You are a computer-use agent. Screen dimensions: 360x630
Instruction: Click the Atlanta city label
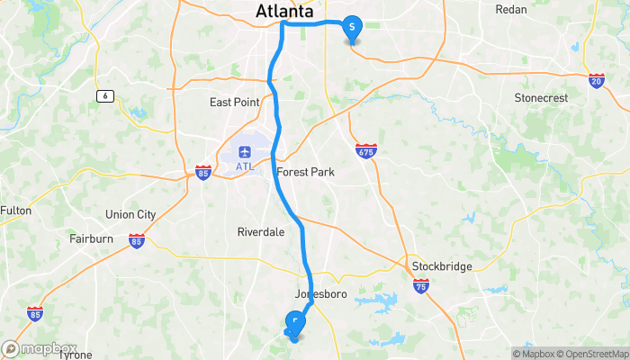[284, 12]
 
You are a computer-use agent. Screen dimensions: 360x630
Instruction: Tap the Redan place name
[511, 9]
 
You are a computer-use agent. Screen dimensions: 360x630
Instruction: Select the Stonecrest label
[541, 96]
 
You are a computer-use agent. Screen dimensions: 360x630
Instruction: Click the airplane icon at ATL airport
[245, 148]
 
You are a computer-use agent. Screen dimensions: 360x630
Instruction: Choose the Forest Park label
[304, 172]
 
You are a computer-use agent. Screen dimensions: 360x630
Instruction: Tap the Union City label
[130, 214]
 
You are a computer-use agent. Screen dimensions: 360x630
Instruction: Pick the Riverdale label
[261, 231]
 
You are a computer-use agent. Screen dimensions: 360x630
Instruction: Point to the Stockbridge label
[442, 266]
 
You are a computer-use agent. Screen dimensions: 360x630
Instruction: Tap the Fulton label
[15, 211]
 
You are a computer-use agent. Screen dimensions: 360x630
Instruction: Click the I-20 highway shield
[598, 80]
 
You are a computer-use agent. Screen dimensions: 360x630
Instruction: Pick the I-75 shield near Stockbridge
[422, 285]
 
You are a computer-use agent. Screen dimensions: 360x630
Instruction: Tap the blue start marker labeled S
[351, 28]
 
